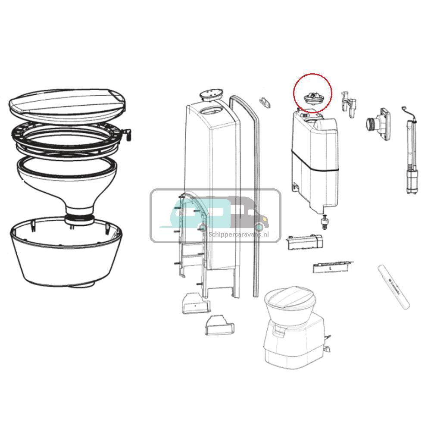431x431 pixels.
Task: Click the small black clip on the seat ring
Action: (x=127, y=134)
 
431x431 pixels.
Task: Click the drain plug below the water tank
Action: (x=323, y=222)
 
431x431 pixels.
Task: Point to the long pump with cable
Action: (x=410, y=155)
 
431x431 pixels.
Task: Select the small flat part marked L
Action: (x=331, y=267)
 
